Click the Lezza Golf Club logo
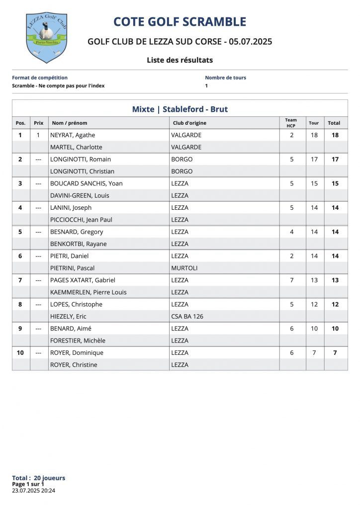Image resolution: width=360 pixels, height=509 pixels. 46,37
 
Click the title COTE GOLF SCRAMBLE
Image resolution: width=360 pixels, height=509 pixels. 180,22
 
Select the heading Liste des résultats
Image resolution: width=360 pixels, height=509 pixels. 180,60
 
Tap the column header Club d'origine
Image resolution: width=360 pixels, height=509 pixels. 189,123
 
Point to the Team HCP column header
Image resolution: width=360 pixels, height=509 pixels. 291,123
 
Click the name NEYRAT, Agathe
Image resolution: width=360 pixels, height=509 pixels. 73,135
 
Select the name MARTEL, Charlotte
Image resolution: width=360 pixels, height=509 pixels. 76,147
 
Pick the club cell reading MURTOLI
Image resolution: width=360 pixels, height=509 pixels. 184,268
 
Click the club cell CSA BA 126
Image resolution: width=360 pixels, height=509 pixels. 187,316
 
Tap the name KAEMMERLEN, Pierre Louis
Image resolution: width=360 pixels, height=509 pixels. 89,292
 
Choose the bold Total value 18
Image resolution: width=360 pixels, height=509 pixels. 335,135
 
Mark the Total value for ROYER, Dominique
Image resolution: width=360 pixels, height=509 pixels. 335,352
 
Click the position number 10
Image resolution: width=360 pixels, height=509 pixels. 20,352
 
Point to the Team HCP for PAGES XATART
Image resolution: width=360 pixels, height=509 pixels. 292,280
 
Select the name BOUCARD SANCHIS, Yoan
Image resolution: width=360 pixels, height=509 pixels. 87,183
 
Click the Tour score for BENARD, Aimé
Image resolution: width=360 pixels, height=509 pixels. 314,329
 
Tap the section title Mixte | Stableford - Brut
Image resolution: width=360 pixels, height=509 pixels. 180,109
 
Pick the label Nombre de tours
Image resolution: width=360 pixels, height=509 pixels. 225,78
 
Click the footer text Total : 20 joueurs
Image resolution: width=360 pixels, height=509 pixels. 38,478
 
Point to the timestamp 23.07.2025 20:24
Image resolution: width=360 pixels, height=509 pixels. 33,490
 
